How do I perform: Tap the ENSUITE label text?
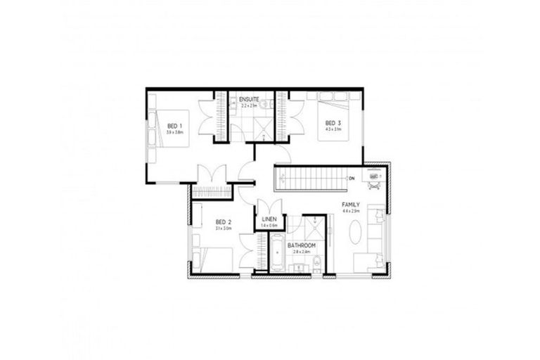[x=249, y=98]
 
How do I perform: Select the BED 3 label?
[x=333, y=122]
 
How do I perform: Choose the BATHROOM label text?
[x=301, y=245]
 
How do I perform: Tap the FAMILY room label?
[x=351, y=204]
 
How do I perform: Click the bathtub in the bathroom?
[x=278, y=257]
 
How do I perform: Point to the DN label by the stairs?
[x=350, y=179]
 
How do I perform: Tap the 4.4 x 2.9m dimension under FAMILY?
[x=351, y=211]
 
